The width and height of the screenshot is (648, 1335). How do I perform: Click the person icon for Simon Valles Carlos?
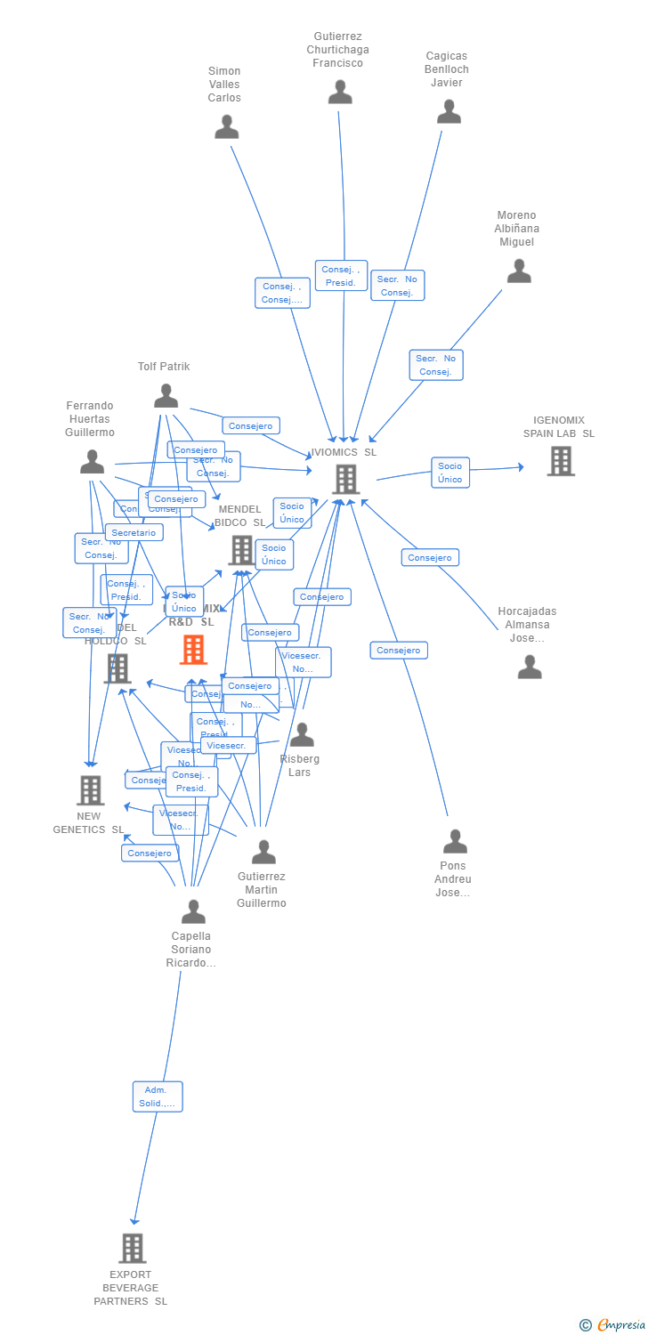click(x=227, y=127)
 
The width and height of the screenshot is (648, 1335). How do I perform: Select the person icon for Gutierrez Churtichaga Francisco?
click(x=340, y=93)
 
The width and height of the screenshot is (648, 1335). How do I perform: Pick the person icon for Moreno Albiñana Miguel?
click(x=519, y=271)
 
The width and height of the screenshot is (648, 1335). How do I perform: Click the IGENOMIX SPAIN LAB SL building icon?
click(x=561, y=461)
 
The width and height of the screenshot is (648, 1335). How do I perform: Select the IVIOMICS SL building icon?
click(x=345, y=479)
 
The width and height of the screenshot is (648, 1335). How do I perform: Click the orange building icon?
click(x=193, y=650)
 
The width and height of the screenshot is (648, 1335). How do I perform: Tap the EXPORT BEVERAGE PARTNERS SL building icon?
click(x=133, y=1248)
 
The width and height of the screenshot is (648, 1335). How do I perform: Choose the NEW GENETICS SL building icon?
click(x=90, y=789)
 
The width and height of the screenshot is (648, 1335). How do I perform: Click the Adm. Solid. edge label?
click(x=158, y=1096)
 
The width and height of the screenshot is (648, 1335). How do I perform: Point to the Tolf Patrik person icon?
click(x=166, y=396)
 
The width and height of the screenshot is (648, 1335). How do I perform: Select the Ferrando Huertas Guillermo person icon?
click(x=93, y=462)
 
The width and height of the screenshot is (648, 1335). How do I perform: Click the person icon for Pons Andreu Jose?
click(x=455, y=841)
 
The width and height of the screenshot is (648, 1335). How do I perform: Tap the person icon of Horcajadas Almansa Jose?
click(x=530, y=667)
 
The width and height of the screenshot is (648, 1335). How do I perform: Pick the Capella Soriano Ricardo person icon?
click(x=193, y=911)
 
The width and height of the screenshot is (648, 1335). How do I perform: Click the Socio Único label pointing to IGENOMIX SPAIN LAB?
click(x=450, y=473)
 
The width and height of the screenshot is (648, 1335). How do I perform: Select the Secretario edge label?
click(x=134, y=532)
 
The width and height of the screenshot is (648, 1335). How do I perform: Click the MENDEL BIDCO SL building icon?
click(x=241, y=550)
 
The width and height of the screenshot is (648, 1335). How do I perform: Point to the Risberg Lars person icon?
click(x=302, y=735)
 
